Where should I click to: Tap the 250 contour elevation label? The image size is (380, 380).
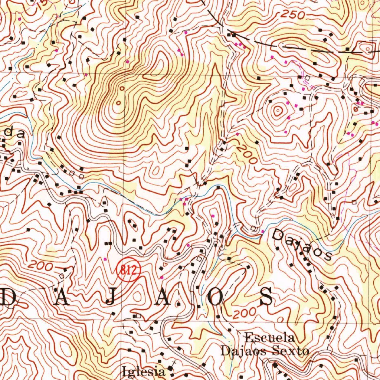point(292,15)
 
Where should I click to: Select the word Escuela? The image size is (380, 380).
point(270,338)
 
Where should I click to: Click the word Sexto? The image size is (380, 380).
point(293,351)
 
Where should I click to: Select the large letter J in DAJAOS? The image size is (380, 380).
point(111,297)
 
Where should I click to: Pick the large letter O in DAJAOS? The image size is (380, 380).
point(215,297)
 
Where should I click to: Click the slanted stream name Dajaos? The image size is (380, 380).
point(302,245)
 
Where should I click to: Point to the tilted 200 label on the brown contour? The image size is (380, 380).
point(246,154)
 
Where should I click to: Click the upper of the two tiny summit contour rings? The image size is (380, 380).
point(122,88)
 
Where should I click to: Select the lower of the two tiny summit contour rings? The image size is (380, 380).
point(118,102)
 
